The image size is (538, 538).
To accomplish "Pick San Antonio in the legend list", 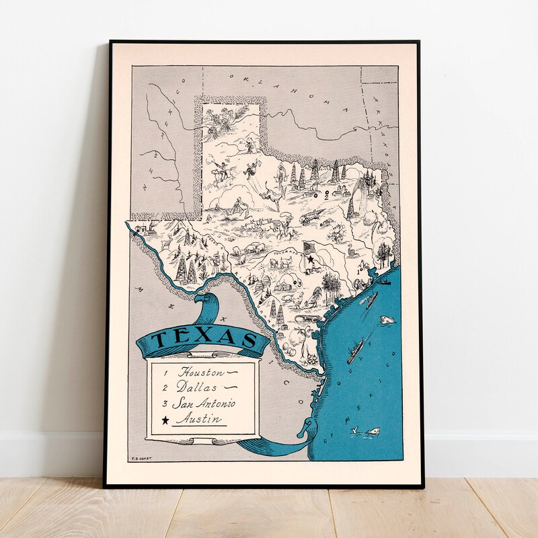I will [204, 403].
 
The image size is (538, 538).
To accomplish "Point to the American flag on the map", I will [309, 249].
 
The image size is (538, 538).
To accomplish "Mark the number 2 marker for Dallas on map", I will [327, 197].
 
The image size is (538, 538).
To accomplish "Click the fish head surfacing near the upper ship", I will [387, 321].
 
